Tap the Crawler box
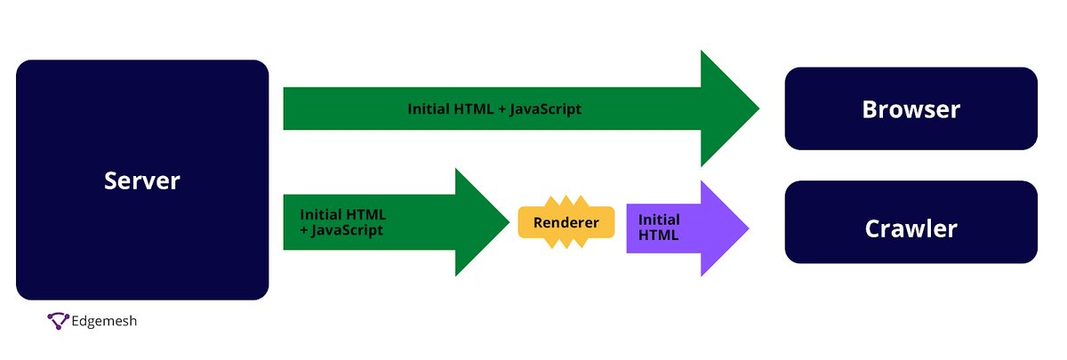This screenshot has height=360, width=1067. pos(911,248)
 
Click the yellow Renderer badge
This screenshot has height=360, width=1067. pos(566,222)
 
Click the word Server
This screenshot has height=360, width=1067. pos(142,181)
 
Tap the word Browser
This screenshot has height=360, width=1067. pos(911,109)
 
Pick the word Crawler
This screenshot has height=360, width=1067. pos(911,228)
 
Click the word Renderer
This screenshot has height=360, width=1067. pos(566,222)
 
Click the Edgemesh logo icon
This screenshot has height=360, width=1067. pos(58,321)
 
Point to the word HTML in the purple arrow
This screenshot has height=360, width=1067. pos(659,236)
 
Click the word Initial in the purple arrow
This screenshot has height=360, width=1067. pos(659,220)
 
